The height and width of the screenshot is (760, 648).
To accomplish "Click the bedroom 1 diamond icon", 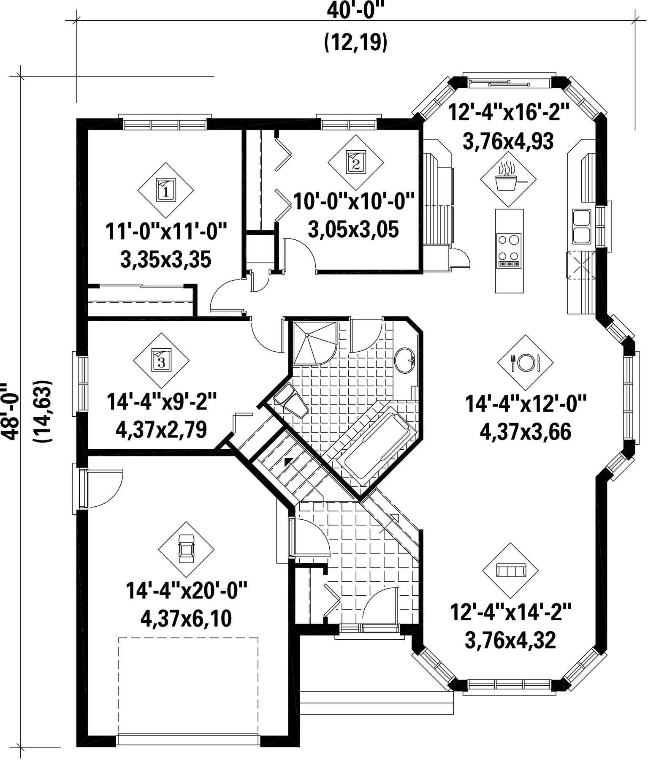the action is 166,190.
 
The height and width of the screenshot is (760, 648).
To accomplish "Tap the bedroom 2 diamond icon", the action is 356,163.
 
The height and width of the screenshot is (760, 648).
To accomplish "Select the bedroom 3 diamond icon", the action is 161,360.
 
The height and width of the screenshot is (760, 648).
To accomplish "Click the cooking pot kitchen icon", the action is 508,179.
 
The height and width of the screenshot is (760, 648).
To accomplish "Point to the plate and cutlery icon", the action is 525,363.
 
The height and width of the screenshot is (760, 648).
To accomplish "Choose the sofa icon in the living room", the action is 511,570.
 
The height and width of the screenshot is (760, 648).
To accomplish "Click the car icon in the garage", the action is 186,549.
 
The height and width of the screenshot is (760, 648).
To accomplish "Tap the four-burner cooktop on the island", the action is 509,251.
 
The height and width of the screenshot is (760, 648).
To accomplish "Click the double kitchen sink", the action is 582,226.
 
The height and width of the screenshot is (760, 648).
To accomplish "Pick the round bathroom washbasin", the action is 405,361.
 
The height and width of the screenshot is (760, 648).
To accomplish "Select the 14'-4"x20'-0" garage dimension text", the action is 186,590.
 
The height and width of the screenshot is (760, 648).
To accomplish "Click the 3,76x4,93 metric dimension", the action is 508,142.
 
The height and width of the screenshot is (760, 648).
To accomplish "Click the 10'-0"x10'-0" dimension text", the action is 354,201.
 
